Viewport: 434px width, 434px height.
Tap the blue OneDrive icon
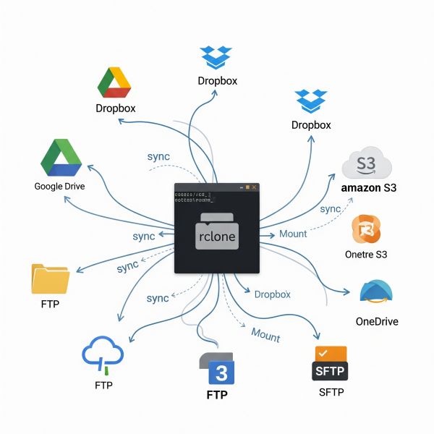coord(377,291)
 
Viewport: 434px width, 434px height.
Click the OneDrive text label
coord(377,321)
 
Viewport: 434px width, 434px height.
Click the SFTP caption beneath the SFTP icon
coord(331,392)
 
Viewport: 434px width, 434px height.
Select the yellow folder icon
coord(51,279)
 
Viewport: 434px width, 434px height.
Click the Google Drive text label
coord(59,186)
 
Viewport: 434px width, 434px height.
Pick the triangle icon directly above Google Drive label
coord(61,158)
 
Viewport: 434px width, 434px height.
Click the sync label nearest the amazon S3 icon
coord(330,209)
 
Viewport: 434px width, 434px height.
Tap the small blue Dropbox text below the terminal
coord(272,294)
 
